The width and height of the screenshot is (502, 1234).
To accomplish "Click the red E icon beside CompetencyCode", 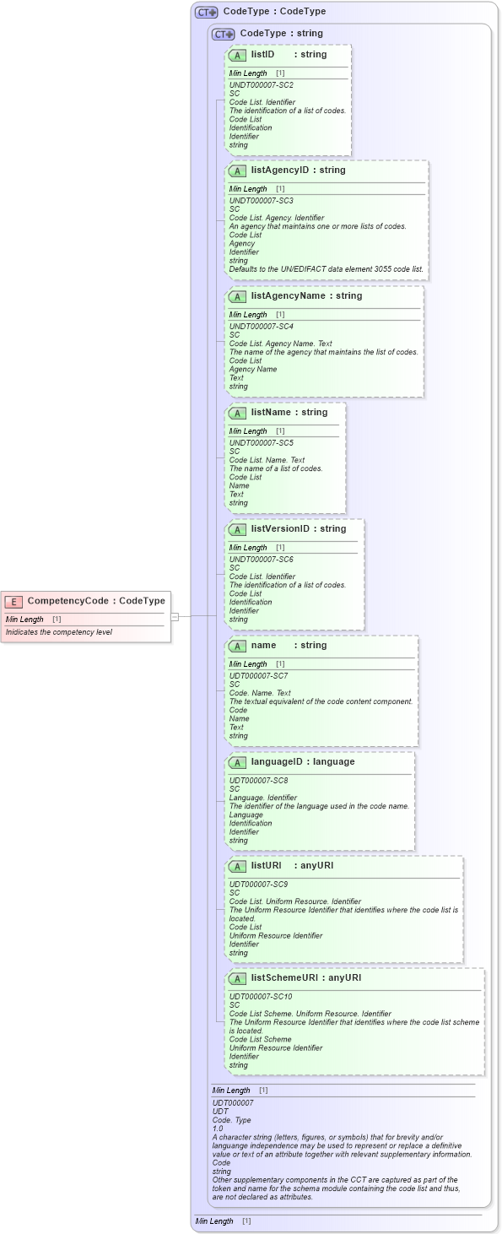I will pyautogui.click(x=13, y=601).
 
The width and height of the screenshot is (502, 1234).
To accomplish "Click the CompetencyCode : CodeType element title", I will pyautogui.click(x=96, y=601).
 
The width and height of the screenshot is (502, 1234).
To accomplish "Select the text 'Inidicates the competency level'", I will pyautogui.click(x=59, y=631).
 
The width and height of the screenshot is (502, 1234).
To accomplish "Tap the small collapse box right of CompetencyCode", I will pyautogui.click(x=175, y=617).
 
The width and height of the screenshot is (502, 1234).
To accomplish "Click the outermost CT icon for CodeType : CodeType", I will pyautogui.click(x=206, y=13).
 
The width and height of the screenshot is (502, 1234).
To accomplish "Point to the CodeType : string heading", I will pyautogui.click(x=281, y=34).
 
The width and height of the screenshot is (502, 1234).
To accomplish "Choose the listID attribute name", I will pyautogui.click(x=262, y=55).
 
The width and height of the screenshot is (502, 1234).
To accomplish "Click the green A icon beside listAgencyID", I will pyautogui.click(x=237, y=170).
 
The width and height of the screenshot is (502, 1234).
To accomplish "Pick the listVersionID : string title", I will pyautogui.click(x=298, y=529).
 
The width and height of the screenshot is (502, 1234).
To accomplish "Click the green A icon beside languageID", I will pyautogui.click(x=237, y=762).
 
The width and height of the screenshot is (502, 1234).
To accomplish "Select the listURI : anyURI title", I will pyautogui.click(x=287, y=866).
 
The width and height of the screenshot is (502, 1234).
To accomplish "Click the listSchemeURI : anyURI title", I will pyautogui.click(x=305, y=978).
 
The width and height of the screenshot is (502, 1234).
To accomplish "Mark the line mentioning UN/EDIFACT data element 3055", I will pyautogui.click(x=327, y=269).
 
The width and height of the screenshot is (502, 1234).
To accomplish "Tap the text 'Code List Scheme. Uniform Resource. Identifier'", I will pyautogui.click(x=310, y=1014).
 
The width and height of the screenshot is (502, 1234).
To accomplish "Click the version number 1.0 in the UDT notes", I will pyautogui.click(x=218, y=1129).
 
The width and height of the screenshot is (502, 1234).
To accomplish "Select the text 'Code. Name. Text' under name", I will pyautogui.click(x=260, y=693).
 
